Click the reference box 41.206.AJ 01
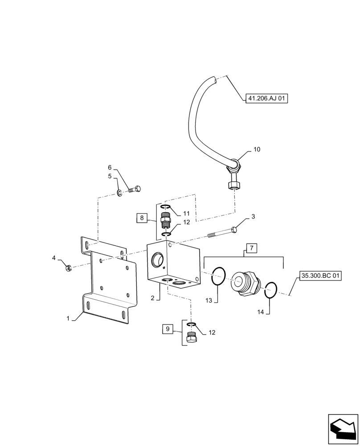pos(266,99)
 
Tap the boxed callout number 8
pos(142,218)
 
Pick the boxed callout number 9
pos(168,330)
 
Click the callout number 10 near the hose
pos(257,149)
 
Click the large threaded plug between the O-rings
pos(245,283)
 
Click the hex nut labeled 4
pos(68,268)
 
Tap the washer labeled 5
pos(120,193)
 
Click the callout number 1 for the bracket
pos(68,318)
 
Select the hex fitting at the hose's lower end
pos(235,183)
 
